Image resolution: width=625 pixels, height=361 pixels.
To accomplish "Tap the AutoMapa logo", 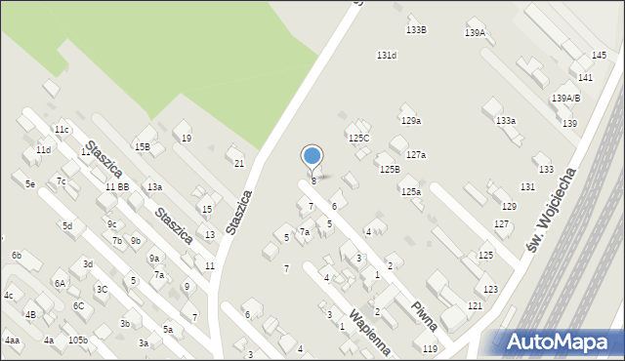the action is [561, 341].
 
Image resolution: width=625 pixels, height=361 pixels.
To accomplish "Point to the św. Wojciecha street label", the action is [551, 211].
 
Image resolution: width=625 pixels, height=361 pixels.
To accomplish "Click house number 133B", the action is [416, 30].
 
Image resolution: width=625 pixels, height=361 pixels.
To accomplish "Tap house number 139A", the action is [475, 33].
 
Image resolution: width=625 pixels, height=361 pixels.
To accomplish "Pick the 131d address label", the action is [387, 56].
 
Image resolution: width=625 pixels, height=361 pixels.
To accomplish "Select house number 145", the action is [599, 56].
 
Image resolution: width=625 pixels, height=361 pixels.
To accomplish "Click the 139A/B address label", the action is [565, 98].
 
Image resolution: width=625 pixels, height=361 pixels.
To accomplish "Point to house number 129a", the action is [410, 121].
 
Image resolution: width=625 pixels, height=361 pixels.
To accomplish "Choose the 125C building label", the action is [359, 139].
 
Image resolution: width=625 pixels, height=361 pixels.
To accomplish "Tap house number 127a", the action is [416, 155].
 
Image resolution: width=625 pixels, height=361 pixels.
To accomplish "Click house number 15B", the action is [143, 146].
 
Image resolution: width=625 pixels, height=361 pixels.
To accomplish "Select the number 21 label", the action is [239, 164].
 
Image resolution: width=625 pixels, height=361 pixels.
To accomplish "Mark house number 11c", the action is [62, 130].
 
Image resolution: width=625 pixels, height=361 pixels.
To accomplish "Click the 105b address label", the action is [78, 341].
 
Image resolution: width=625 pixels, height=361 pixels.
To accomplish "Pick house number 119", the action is [430, 348].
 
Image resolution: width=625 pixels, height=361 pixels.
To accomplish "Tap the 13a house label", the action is [154, 186].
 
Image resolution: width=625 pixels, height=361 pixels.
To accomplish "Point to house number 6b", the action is [17, 256].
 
